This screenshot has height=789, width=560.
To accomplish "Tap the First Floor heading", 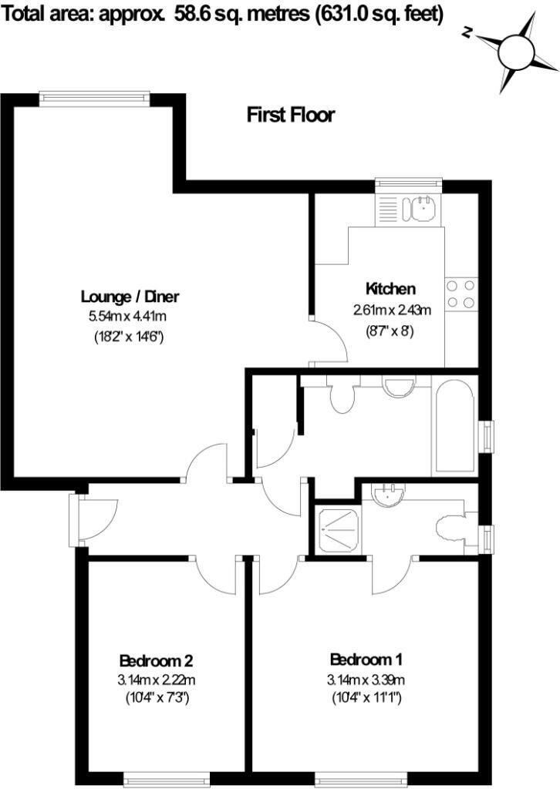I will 291,116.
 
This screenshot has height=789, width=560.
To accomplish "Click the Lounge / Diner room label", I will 135,297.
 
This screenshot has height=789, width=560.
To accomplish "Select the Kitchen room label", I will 390,289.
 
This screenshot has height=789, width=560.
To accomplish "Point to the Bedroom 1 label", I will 366,660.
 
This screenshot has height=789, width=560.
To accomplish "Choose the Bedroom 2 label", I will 156,660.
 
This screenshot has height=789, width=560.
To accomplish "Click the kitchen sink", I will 423,207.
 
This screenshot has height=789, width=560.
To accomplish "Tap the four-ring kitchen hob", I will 461,294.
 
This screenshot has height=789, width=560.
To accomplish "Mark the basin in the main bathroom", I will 399,385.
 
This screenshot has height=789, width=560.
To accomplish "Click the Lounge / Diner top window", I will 94,97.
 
